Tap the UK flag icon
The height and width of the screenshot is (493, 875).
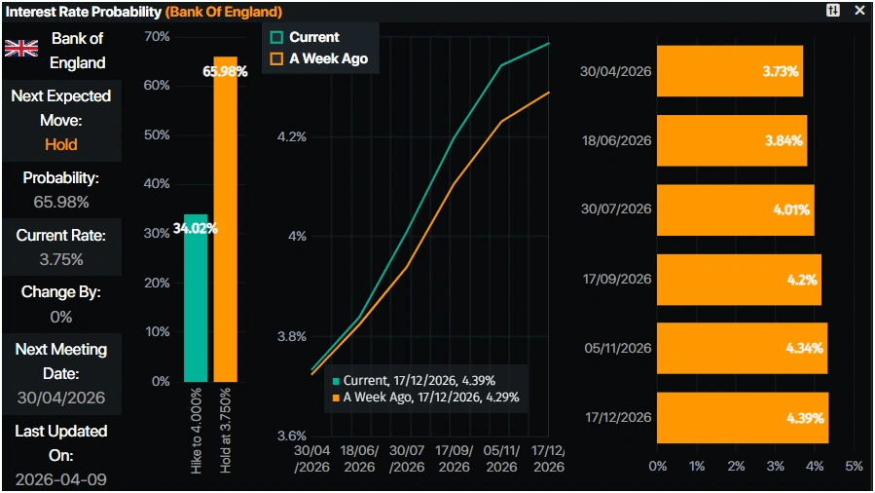[21, 50]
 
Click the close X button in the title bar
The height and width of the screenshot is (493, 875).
[858, 11]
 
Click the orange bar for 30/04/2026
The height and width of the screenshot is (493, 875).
[729, 71]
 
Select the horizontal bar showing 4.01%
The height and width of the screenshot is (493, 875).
[735, 209]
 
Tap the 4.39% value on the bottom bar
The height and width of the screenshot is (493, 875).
[805, 418]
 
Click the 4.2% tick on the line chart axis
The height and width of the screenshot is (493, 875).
[291, 137]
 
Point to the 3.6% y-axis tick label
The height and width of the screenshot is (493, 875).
[291, 436]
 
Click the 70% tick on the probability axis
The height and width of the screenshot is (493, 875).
[156, 37]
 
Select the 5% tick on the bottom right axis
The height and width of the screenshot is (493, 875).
[854, 466]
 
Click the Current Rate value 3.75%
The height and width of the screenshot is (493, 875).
[60, 260]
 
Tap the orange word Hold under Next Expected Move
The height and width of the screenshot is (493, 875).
[60, 144]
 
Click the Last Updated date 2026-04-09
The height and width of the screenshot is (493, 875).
[60, 479]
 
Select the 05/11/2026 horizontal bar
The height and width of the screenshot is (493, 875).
[742, 348]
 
